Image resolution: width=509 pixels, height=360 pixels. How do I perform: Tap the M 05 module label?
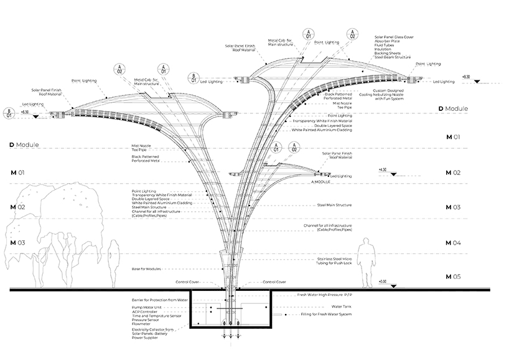[452, 276]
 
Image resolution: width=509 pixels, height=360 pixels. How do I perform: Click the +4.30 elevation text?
[383, 169]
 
